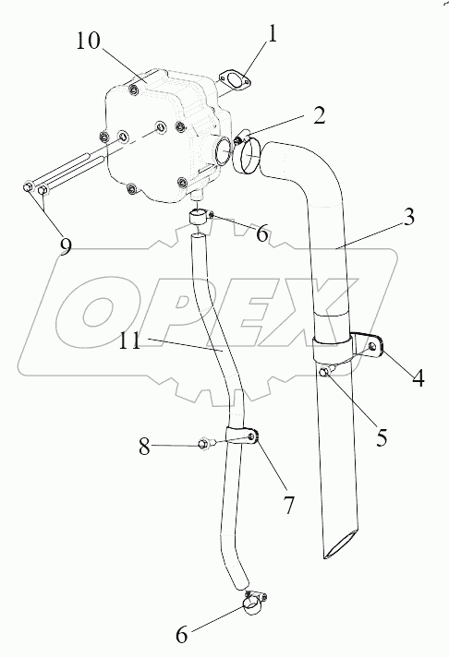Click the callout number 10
point(88,41)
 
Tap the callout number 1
point(273,34)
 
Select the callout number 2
point(320,115)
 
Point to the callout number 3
point(407,216)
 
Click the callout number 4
point(418,377)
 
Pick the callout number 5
point(382,437)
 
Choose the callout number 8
point(144,447)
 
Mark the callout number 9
point(66,246)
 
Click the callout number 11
point(129,341)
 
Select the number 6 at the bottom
point(181,635)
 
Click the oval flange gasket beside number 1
point(235,80)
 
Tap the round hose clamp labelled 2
point(246,157)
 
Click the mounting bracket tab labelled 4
point(370,345)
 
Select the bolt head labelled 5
point(325,371)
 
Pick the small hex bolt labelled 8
point(205,443)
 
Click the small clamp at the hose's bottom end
point(254,603)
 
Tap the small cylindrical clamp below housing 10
point(199,217)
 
